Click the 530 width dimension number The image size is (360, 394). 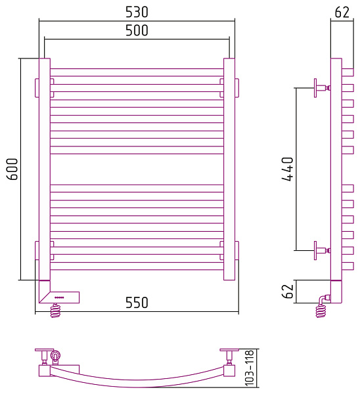tap(137, 12)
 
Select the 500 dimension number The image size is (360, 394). tap(137, 30)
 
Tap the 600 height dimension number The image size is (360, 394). tap(12, 169)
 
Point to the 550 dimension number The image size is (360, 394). tap(137, 303)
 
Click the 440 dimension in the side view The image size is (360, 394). tap(288, 169)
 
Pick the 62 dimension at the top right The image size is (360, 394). tap(342, 12)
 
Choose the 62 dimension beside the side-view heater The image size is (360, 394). tap(288, 291)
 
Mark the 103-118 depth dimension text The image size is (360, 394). tap(250, 368)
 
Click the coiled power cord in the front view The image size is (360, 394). tap(56, 311)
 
